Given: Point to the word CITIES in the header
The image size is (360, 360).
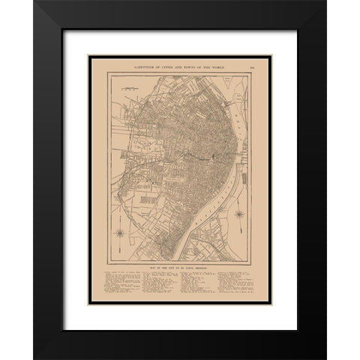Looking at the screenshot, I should click(x=162, y=66).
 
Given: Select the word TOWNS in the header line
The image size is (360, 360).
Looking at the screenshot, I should click(x=187, y=66).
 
